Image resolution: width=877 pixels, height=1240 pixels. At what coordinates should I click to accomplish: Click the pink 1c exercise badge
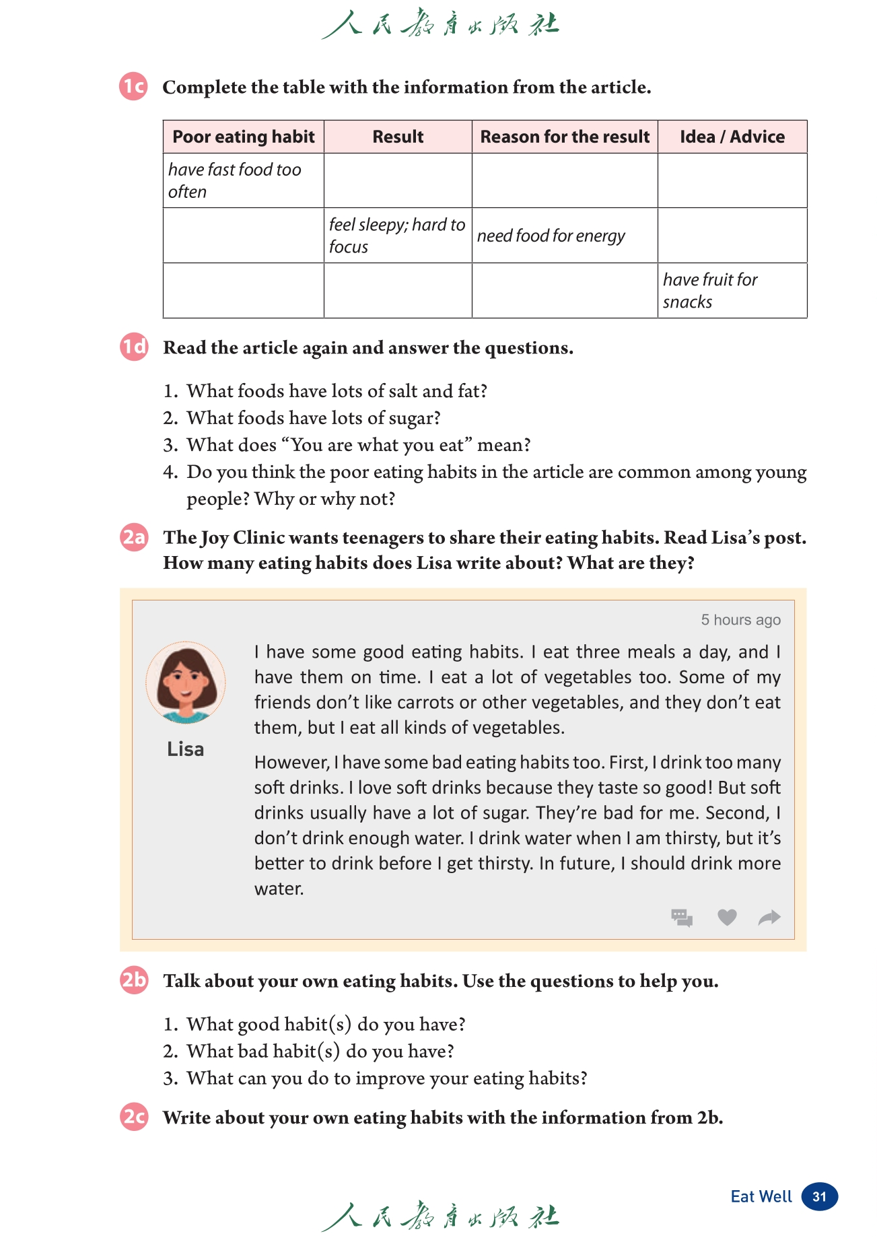coord(134,87)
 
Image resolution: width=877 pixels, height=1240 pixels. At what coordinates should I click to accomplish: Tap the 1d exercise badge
coord(134,347)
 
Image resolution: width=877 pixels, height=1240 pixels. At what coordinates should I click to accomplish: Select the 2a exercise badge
coord(134,537)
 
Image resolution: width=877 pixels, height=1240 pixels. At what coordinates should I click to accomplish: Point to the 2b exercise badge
coord(134,980)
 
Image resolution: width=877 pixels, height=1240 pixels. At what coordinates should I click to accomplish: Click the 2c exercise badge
coord(134,1117)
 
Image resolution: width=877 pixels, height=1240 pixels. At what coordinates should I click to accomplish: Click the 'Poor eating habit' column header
coord(243,137)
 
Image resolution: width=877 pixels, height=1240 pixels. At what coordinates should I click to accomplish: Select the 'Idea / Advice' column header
coord(732,137)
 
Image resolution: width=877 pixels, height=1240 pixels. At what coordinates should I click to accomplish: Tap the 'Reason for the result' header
coord(565,137)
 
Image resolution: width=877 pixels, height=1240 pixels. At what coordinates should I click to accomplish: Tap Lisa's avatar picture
coord(186,683)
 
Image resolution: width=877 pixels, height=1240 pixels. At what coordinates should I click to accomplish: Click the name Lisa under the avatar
coord(185,749)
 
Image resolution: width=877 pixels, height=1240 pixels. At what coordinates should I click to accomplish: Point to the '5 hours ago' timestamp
coord(740,620)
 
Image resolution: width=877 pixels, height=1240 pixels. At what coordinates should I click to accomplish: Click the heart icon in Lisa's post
coord(727,917)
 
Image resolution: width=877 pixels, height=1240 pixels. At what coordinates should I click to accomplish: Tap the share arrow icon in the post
coord(769,917)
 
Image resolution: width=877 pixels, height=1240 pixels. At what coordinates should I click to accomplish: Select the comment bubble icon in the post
coord(682,917)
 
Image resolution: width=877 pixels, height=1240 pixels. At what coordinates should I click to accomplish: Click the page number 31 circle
coord(819,1197)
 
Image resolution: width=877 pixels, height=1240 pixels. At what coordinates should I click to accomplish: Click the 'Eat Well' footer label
coord(761,1197)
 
